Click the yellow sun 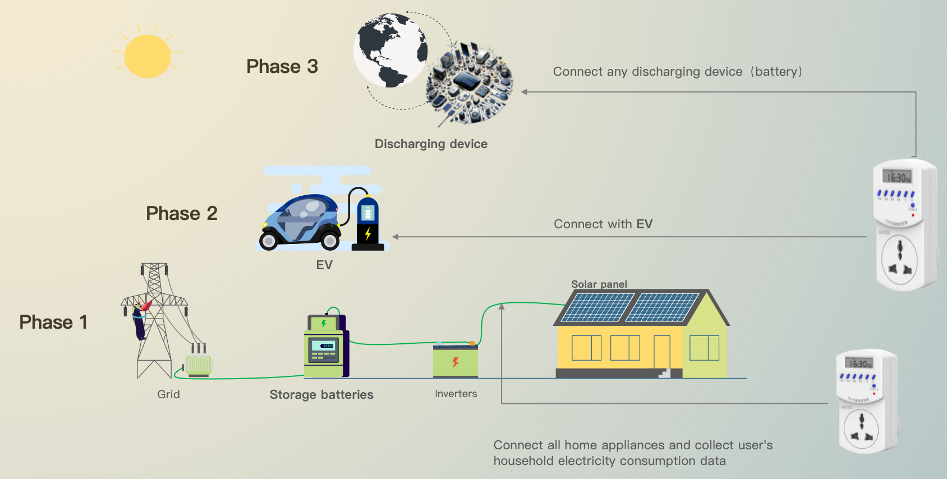point(148,56)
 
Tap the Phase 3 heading point(282,67)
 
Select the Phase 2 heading point(181,214)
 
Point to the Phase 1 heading point(53,323)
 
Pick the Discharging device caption point(431,144)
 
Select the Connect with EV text point(603,224)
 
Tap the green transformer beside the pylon point(199,365)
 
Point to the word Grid point(168,394)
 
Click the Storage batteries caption point(321,395)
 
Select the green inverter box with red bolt point(456,361)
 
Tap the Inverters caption point(456,394)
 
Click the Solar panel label point(599,284)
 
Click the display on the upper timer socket point(897,177)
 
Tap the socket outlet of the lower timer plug point(861,429)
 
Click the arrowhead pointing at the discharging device point(525,92)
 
